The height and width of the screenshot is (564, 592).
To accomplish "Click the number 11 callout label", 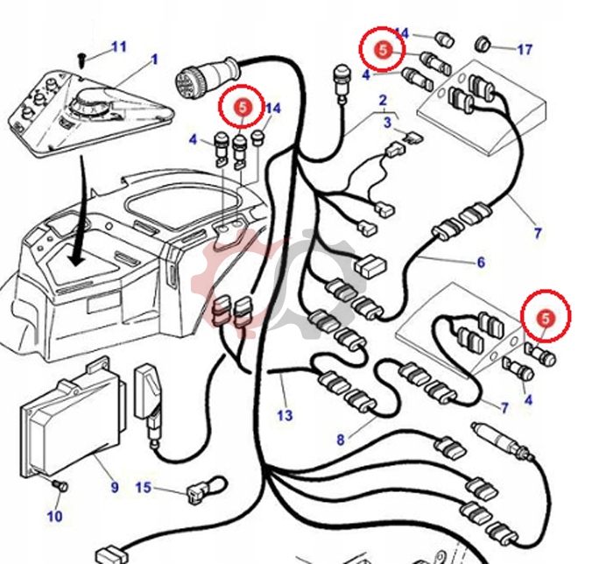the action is pyautogui.click(x=119, y=46).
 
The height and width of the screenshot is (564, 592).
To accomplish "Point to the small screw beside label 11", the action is pyautogui.click(x=81, y=60).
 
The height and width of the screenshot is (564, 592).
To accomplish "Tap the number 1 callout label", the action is pyautogui.click(x=154, y=60).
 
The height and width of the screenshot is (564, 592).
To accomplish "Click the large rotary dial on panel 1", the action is pyautogui.click(x=90, y=102).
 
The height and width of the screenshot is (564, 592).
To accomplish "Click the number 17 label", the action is pyautogui.click(x=525, y=49).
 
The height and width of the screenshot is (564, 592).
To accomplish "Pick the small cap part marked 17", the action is pyautogui.click(x=483, y=44).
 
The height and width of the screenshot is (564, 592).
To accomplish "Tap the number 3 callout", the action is pyautogui.click(x=387, y=123).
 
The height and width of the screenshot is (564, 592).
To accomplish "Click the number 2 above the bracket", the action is pyautogui.click(x=383, y=101).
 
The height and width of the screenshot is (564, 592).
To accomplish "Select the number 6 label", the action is pyautogui.click(x=481, y=262).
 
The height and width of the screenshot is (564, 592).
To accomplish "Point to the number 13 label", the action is pyautogui.click(x=285, y=415).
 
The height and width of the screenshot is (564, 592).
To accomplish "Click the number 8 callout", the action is pyautogui.click(x=341, y=440).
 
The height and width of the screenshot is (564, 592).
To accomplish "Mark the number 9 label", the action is pyautogui.click(x=115, y=487).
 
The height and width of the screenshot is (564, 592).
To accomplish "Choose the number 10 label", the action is pyautogui.click(x=55, y=516).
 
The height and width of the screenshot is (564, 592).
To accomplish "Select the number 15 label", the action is pyautogui.click(x=143, y=487).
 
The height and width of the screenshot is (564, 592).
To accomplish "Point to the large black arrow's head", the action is pyautogui.click(x=77, y=257).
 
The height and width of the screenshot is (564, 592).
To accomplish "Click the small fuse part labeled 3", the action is pyautogui.click(x=414, y=137).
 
